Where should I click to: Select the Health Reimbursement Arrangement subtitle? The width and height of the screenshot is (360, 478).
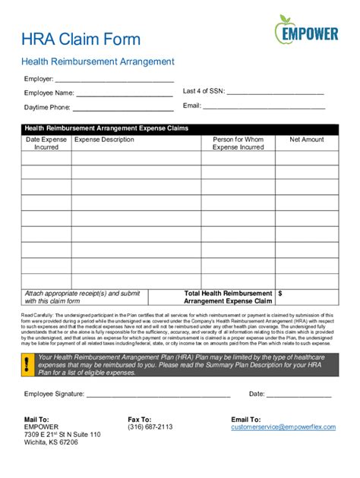[x=98, y=61]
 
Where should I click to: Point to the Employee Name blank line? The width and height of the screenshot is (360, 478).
[x=124, y=94]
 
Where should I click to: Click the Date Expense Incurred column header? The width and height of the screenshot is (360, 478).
[x=46, y=143]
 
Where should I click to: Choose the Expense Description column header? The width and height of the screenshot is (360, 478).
[x=104, y=140]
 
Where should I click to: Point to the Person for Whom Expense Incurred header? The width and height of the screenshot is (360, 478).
[x=238, y=143]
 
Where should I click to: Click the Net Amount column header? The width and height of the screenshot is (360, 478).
[x=307, y=140]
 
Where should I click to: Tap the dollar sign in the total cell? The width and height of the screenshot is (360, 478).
[x=281, y=292]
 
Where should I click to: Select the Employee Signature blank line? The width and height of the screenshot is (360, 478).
[x=158, y=395]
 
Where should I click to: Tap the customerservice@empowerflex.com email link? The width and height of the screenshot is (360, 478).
[x=283, y=427]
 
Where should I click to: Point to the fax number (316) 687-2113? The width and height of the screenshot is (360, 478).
[x=150, y=427]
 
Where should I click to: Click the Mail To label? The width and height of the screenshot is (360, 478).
[x=36, y=419]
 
